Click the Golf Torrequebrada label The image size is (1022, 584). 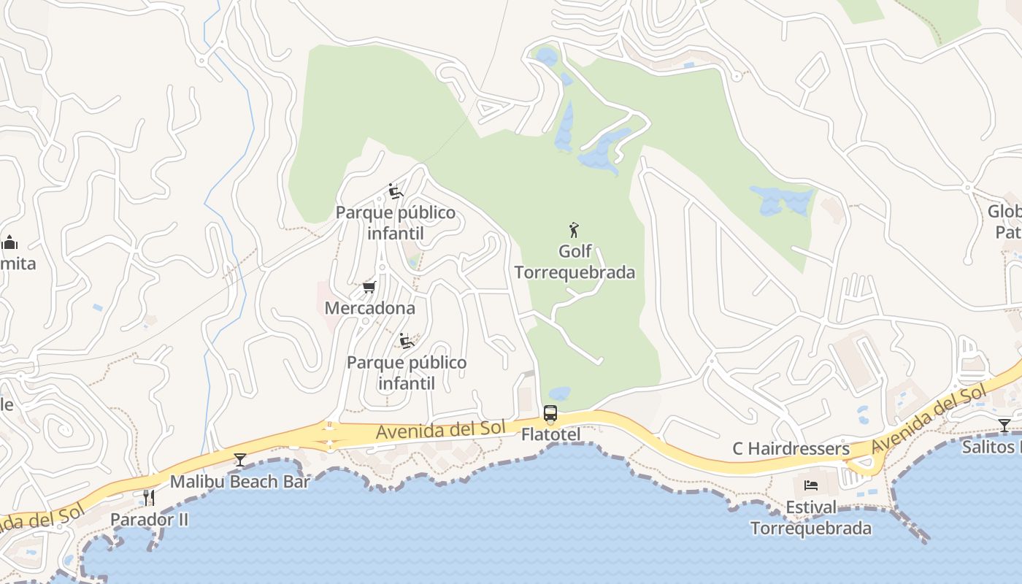(x=575, y=262)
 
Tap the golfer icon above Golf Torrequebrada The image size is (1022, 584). (x=574, y=231)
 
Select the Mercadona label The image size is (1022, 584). (x=369, y=308)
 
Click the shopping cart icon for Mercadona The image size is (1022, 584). (x=369, y=287)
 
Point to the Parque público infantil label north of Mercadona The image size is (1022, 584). (x=396, y=223)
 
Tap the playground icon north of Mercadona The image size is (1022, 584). (x=396, y=192)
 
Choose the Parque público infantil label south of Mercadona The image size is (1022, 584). (x=407, y=372)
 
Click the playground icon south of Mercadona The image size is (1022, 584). (x=407, y=341)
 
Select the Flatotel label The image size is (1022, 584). (x=550, y=435)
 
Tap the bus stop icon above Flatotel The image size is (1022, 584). (x=550, y=413)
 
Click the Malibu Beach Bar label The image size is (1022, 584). (x=239, y=482)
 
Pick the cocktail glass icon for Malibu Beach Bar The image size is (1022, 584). (x=239, y=460)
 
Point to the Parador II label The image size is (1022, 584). (x=149, y=520)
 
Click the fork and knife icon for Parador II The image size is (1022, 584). (x=149, y=498)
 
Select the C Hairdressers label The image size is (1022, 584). (x=791, y=448)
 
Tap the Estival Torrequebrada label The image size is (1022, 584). (x=811, y=518)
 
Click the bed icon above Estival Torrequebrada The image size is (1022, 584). (x=811, y=485)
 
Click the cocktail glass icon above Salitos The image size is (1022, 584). (x=1004, y=425)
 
